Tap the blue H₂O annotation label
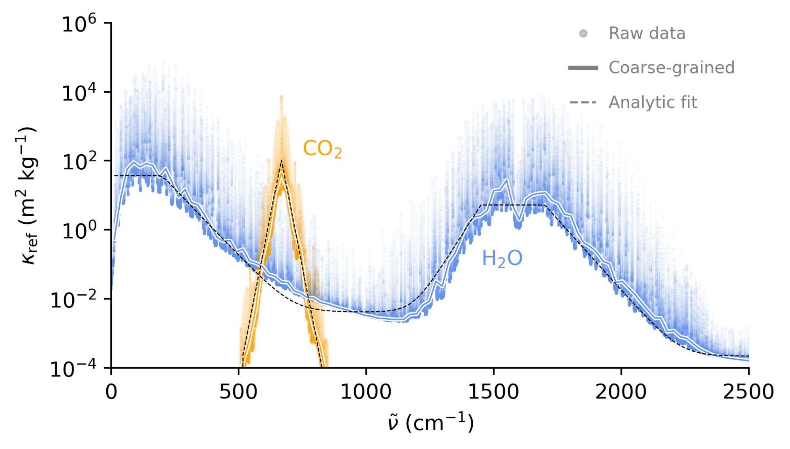pyautogui.click(x=502, y=259)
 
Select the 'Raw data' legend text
pyautogui.click(x=647, y=34)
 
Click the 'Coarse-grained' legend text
pyautogui.click(x=671, y=68)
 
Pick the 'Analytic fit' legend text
pyautogui.click(x=653, y=103)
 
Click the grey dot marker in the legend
pyautogui.click(x=583, y=34)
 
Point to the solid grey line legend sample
pyautogui.click(x=583, y=68)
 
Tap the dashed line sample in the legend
pyautogui.click(x=583, y=103)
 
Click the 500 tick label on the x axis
pyautogui.click(x=239, y=392)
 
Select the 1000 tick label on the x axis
pyautogui.click(x=366, y=392)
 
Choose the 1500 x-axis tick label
pyautogui.click(x=493, y=392)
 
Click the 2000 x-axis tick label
pyautogui.click(x=621, y=392)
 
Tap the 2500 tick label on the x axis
pyautogui.click(x=748, y=392)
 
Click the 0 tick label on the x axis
pyautogui.click(x=111, y=392)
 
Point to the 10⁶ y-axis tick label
pyautogui.click(x=79, y=24)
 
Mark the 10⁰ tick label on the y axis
pyautogui.click(x=79, y=231)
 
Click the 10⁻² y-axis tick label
pyautogui.click(x=73, y=300)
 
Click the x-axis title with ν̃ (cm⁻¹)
pyautogui.click(x=431, y=423)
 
